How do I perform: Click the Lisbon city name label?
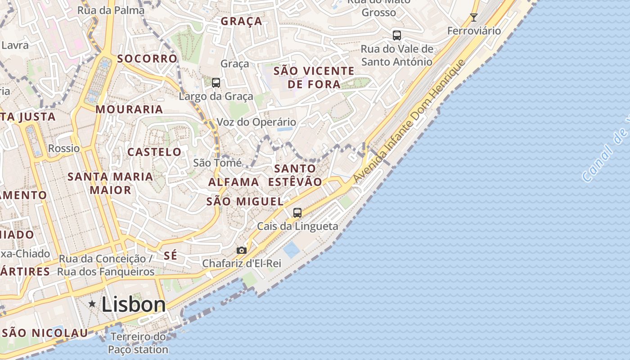coord(134,305)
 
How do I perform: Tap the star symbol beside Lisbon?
coord(92,304)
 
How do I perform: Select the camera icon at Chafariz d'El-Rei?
coord(242,250)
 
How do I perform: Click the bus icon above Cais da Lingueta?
coord(297,213)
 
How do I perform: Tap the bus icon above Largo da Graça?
coord(216,83)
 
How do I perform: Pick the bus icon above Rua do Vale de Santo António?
coord(396,36)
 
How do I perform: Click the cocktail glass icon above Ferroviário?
coord(473,18)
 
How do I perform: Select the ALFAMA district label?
coord(234,182)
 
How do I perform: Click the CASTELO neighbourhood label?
coord(154,152)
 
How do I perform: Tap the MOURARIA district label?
coord(129,109)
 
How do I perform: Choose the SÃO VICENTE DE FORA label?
coord(314,77)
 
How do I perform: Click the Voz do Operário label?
coord(256,122)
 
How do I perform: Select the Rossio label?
coord(64,148)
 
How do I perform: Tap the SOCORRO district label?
coord(147,58)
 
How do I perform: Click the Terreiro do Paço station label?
coord(138,343)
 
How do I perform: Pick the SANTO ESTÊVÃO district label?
coord(295,175)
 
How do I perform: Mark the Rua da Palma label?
coord(111,10)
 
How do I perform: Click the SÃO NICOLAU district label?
coord(45,333)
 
